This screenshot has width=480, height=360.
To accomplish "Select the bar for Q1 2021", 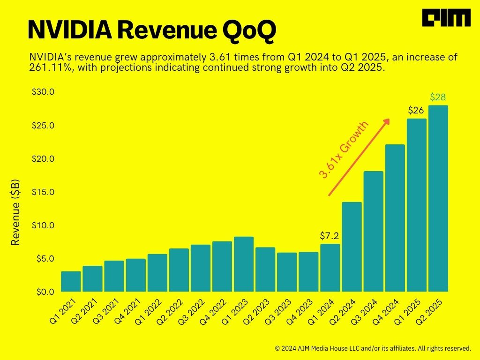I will [x=71, y=281].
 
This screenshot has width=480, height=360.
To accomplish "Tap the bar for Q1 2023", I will [x=243, y=264].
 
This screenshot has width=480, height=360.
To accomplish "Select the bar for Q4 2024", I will [x=395, y=218].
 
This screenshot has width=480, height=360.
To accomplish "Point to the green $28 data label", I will [x=438, y=97].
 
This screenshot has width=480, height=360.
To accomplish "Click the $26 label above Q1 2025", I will [x=416, y=111].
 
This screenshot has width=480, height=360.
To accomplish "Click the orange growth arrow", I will [x=359, y=157].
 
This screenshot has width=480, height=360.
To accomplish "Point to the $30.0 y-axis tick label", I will [x=43, y=92].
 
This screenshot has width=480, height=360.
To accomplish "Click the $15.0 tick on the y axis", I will [x=43, y=192].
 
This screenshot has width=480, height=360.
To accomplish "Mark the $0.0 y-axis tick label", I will [x=45, y=292].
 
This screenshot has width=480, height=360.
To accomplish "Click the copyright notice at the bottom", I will [x=373, y=348].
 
